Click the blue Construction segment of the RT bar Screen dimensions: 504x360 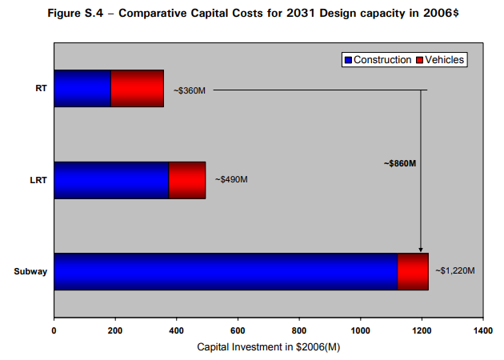pos(82,88)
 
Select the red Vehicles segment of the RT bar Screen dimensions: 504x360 pos(138,88)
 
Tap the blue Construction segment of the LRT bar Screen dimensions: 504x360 pos(111,180)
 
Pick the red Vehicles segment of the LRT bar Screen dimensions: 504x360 pos(187,180)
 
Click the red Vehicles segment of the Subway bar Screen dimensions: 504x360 pos(413,272)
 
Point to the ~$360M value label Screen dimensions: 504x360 pos(190,91)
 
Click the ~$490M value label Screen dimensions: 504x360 pos(231,179)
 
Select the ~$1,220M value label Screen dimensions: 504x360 pos(455,271)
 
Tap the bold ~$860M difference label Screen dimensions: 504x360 pos(400,164)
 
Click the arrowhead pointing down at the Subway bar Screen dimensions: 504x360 pos(421,250)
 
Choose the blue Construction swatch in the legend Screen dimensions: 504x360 pos(348,60)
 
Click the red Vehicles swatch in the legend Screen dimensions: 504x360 pos(419,60)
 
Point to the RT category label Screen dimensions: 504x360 pos(41,88)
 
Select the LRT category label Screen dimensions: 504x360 pos(38,180)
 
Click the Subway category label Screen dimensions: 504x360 pos(30,272)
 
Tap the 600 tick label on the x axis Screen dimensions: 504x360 pos(238,330)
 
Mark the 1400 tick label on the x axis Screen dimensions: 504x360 pos(483,330)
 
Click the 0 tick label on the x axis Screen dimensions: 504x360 pos(54,330)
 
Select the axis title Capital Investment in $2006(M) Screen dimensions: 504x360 pos(268,347)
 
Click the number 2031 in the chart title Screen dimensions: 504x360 pos(301,13)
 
